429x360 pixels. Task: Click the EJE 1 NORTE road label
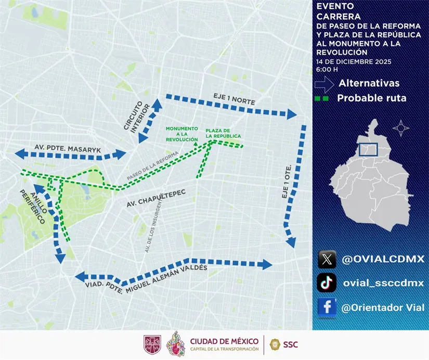click(234, 99)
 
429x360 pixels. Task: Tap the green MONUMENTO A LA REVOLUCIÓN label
click(181, 134)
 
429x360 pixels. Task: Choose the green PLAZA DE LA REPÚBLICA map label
click(223, 133)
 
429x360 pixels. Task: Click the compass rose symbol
click(400, 127)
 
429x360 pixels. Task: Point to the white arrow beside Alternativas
click(324, 83)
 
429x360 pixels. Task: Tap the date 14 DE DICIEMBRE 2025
click(353, 61)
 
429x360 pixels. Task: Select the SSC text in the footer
click(291, 344)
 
